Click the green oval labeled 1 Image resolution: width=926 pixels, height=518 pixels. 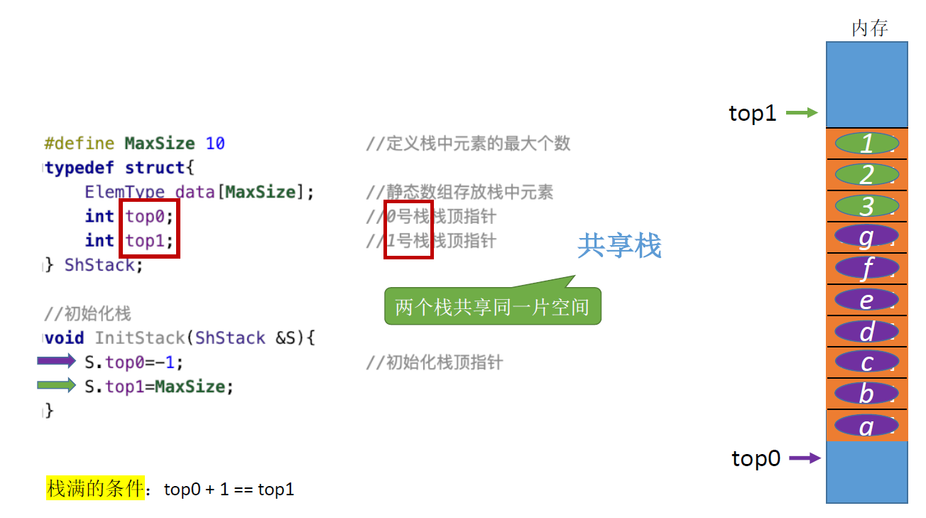point(866,144)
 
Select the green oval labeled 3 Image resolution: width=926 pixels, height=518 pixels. point(866,206)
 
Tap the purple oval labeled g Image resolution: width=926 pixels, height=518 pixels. point(866,237)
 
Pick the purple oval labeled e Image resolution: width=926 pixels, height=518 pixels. point(866,300)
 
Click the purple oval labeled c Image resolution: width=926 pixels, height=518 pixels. point(866,362)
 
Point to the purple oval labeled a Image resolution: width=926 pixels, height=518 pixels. point(866,426)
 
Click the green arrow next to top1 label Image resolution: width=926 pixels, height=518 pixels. point(802,112)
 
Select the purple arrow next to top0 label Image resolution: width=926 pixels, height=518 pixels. point(805,458)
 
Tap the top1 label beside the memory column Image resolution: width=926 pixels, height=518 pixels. point(752,113)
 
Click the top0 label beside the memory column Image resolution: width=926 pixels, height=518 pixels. point(756,459)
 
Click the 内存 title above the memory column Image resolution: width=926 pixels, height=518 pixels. point(869,28)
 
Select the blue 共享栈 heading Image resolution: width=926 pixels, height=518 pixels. point(619,246)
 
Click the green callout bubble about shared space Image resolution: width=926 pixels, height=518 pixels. point(492,308)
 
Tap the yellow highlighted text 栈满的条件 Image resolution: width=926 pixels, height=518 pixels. point(95,489)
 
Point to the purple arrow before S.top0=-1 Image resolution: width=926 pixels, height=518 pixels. point(56,362)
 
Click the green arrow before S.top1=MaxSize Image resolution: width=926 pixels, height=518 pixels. point(56,386)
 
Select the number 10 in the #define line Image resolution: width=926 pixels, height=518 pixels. point(215,144)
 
